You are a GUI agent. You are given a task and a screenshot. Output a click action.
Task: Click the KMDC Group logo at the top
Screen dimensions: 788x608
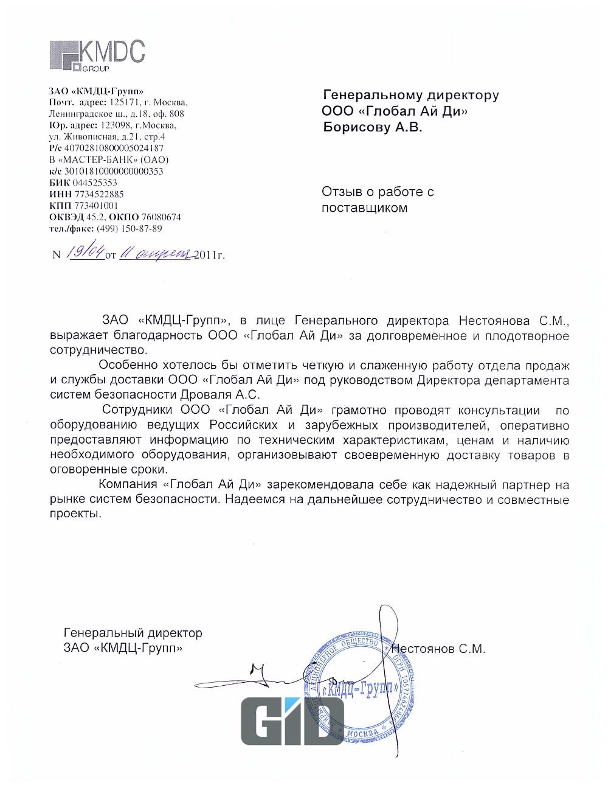click(x=97, y=55)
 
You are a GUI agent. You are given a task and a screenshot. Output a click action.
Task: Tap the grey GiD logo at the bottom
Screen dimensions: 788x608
click(x=292, y=721)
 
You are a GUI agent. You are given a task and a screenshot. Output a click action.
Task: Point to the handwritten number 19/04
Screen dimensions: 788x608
click(x=86, y=253)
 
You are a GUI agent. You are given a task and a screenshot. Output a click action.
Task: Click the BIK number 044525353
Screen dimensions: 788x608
click(x=95, y=183)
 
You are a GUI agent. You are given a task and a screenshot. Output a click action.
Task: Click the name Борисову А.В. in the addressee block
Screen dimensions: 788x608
click(x=371, y=127)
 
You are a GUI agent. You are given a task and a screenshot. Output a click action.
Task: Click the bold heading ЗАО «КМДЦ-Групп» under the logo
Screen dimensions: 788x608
click(x=97, y=91)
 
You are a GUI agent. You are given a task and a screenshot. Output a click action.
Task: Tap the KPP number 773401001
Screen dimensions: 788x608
click(x=92, y=206)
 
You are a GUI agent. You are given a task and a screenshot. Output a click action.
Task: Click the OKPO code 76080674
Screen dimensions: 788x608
click(x=161, y=217)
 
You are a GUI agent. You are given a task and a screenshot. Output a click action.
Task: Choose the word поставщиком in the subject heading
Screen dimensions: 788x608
click(x=364, y=208)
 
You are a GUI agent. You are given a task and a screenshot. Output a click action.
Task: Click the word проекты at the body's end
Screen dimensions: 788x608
click(x=74, y=514)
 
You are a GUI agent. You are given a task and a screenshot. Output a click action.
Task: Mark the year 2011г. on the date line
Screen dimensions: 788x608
click(x=210, y=255)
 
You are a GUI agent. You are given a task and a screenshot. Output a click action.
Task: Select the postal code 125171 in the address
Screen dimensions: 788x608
click(x=123, y=102)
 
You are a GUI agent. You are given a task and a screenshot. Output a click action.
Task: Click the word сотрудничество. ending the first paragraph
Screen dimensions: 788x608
click(x=98, y=350)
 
